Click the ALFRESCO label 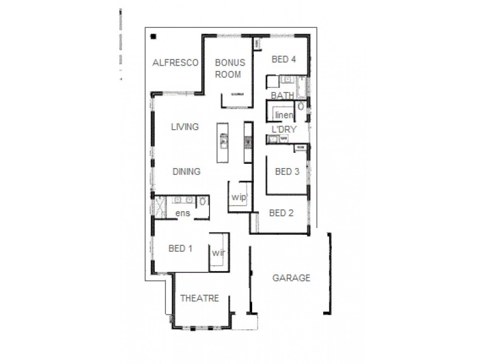point(173,62)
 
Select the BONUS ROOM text point(228,69)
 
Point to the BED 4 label point(283,59)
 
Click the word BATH point(282,96)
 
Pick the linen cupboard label point(284,115)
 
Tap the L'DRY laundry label point(284,129)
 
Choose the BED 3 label point(287,172)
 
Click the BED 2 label point(281,213)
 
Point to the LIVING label point(185,127)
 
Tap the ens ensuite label point(182,214)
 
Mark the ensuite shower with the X point(160,207)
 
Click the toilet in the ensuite point(203,201)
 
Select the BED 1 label point(180,249)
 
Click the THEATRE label point(199,298)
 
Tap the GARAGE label point(291,278)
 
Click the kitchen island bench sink point(224,143)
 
